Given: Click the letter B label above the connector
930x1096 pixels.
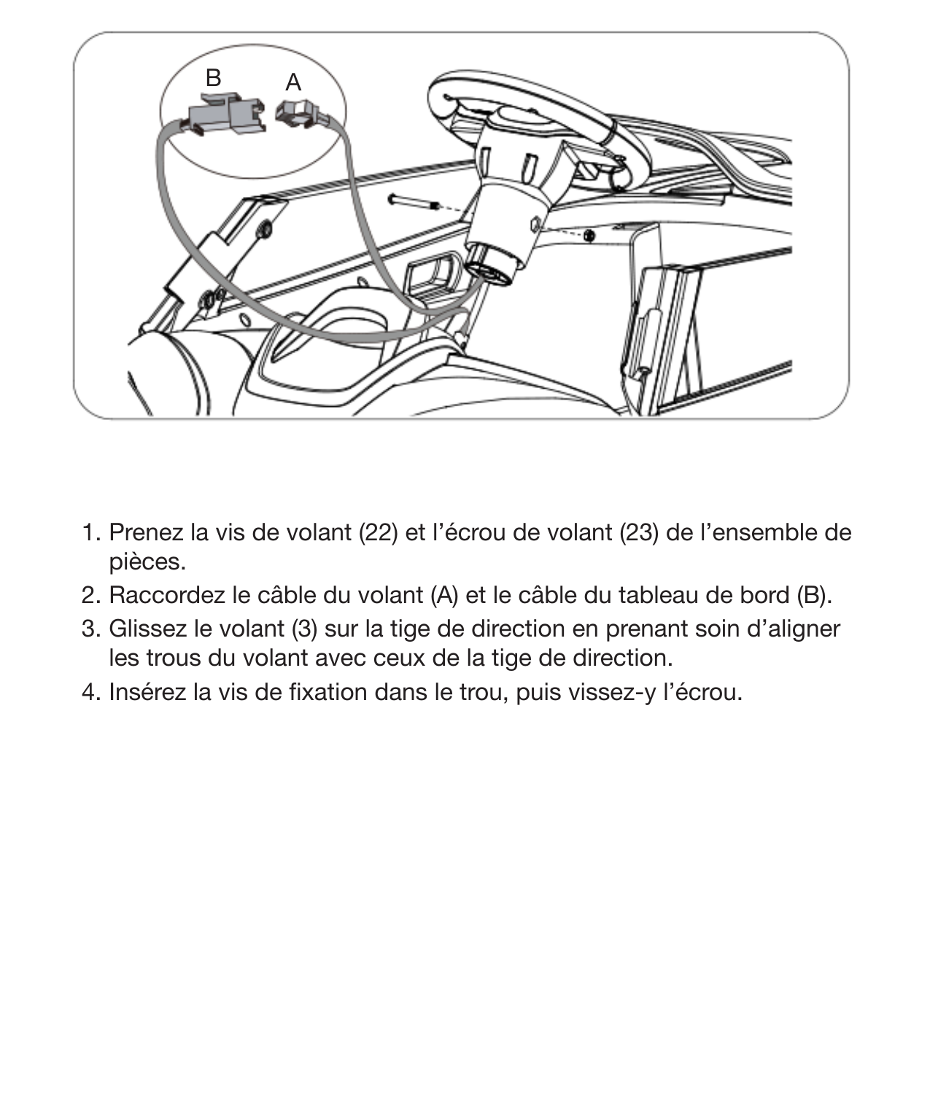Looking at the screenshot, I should [213, 77].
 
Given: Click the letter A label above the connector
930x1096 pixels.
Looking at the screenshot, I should [293, 82].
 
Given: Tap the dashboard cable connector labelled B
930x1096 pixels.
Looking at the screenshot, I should [225, 117].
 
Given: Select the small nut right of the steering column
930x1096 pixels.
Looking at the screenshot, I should [588, 235].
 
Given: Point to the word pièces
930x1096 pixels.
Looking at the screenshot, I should [147, 562].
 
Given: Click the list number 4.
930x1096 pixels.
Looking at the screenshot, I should [90, 691].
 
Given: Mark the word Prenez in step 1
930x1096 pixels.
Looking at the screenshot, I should [146, 533].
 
